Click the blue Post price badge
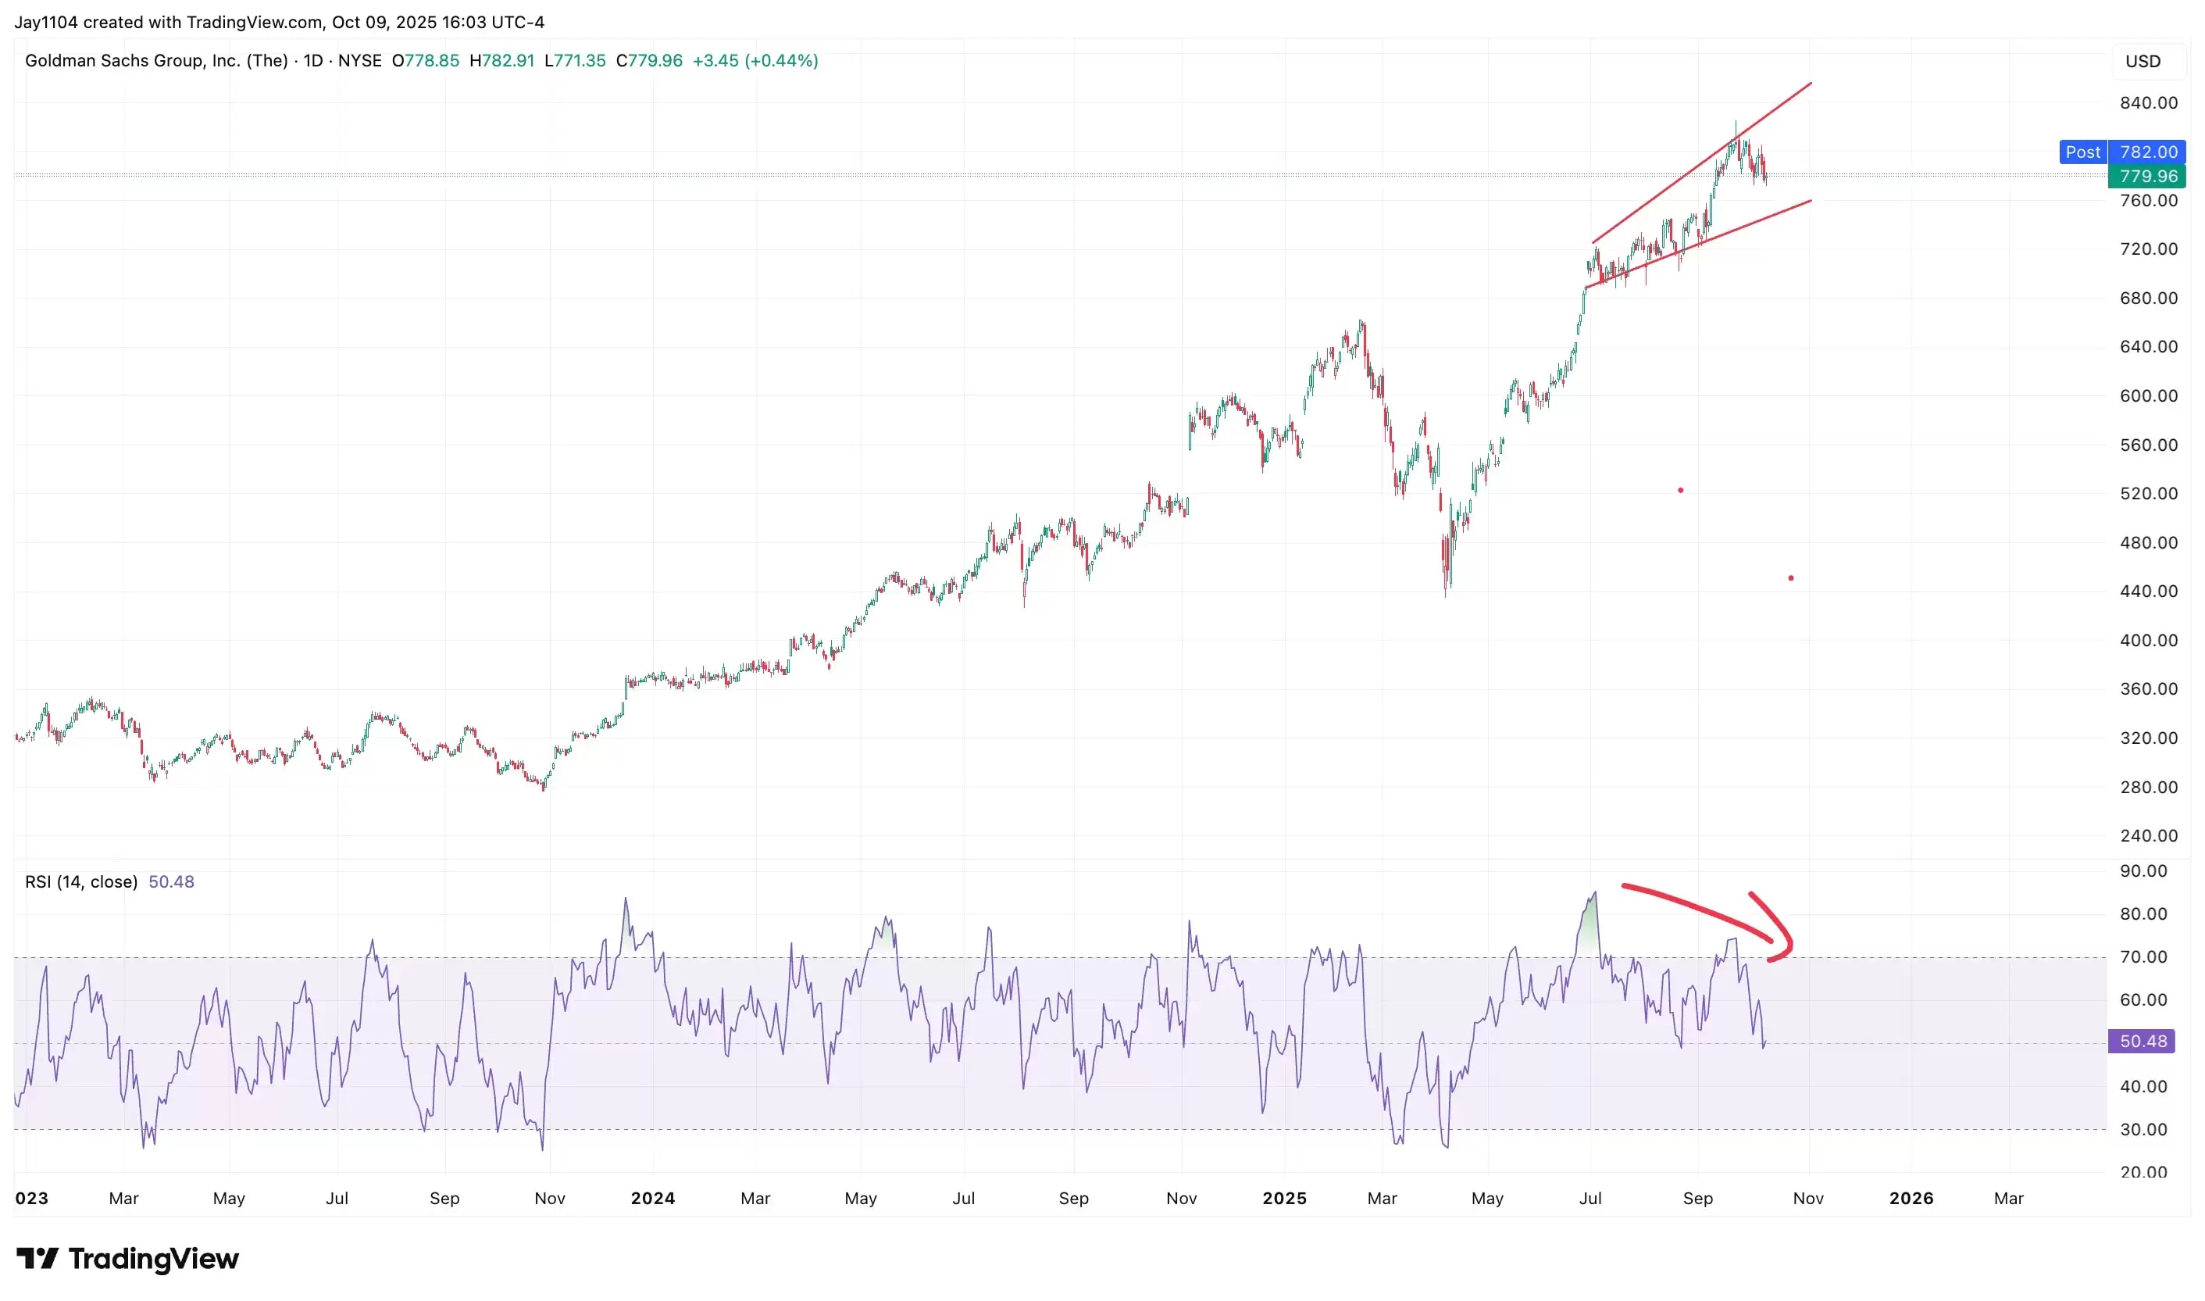(x=2082, y=152)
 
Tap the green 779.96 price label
(x=2146, y=177)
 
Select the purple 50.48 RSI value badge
(x=2142, y=1041)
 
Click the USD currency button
(x=2142, y=62)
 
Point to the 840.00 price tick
(x=2148, y=102)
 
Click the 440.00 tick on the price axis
(x=2148, y=591)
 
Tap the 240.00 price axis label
(x=2148, y=835)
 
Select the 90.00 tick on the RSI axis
(x=2143, y=870)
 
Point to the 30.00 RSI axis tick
(x=2143, y=1129)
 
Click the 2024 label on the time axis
(x=653, y=1198)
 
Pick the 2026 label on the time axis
(x=1911, y=1198)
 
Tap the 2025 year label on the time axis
(x=1284, y=1198)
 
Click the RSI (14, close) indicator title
(x=81, y=881)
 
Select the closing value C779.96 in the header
(x=648, y=60)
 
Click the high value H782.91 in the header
(x=501, y=60)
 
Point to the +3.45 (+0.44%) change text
(x=755, y=60)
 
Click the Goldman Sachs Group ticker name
(x=156, y=60)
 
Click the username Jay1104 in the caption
(x=45, y=22)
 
